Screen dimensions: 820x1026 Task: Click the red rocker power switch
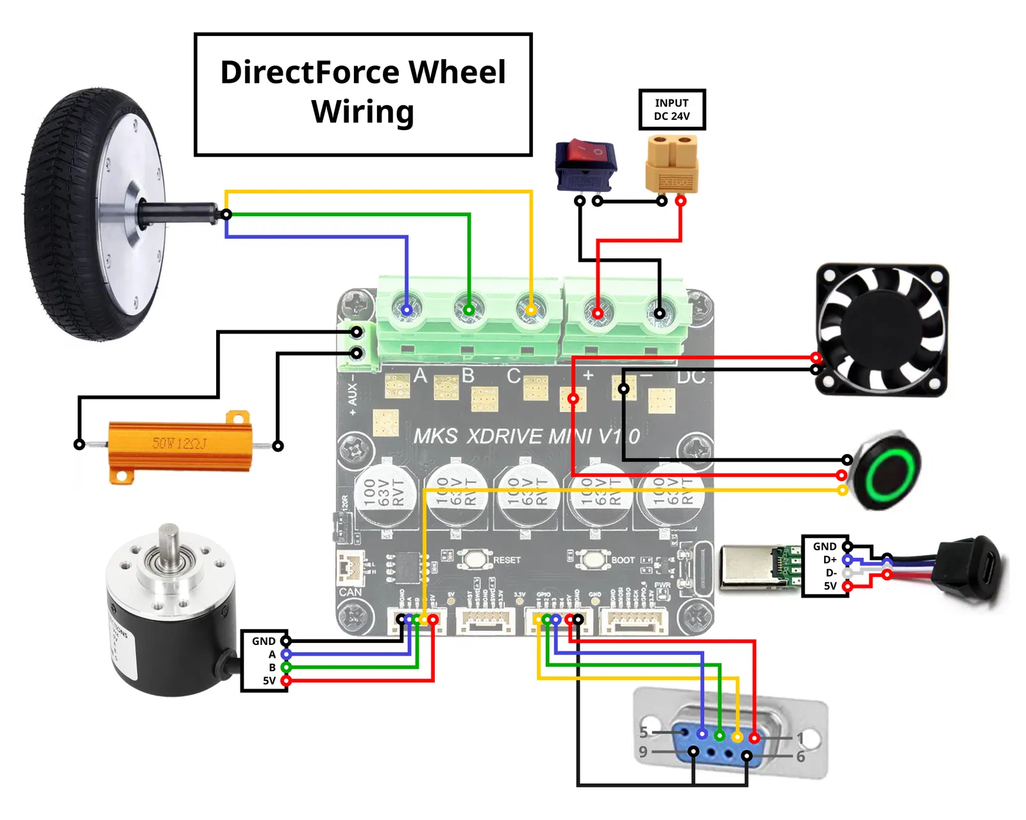[585, 163]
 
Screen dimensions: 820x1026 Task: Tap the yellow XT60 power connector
[671, 163]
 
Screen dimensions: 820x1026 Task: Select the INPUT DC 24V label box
[671, 110]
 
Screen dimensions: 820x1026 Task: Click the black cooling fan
[882, 330]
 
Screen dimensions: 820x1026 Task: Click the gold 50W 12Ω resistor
[179, 445]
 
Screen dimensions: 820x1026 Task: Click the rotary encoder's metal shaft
[169, 542]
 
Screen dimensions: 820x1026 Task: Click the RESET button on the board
[474, 559]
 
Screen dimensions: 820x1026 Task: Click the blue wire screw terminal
[407, 310]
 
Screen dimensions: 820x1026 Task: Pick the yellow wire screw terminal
[531, 310]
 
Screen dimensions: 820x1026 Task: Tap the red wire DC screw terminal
[598, 313]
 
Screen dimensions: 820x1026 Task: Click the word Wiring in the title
[363, 112]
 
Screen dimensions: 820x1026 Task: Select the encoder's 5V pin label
[269, 681]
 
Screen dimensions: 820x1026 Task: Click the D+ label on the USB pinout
[830, 560]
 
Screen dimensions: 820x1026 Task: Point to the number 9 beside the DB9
[643, 752]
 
